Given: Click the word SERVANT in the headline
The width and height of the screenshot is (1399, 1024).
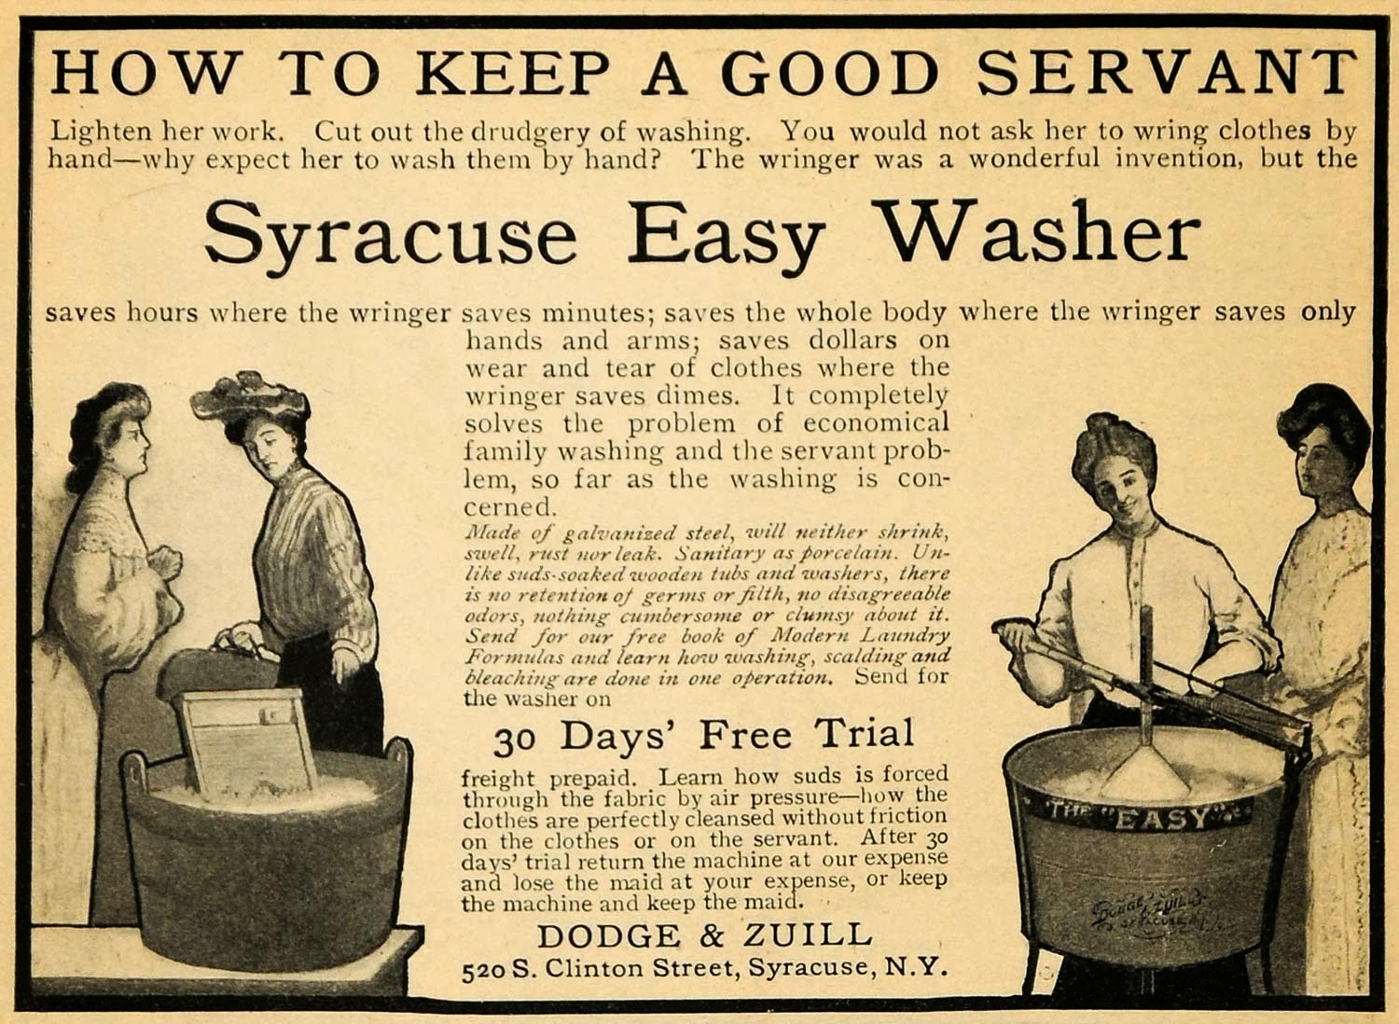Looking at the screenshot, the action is (1166, 72).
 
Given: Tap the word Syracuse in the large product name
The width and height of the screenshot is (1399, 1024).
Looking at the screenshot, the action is (391, 232).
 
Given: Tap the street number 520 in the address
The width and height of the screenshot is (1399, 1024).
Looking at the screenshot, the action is (485, 970).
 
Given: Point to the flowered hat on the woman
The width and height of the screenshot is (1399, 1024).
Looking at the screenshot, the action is (250, 397).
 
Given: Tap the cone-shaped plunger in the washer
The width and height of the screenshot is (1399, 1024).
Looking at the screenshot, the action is (1146, 772).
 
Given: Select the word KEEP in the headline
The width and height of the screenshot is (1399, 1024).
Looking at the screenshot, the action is (512, 72).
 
